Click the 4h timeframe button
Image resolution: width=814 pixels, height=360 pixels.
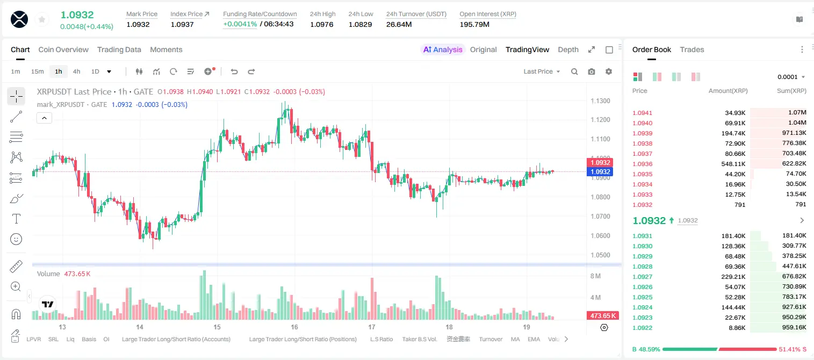click(x=76, y=71)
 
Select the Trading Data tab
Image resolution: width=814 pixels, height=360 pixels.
click(x=119, y=50)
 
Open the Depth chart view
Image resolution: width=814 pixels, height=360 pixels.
click(x=568, y=50)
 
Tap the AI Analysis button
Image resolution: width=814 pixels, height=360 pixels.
click(x=443, y=50)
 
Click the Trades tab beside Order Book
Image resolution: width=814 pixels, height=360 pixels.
click(x=692, y=50)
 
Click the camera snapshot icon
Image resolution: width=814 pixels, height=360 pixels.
click(x=592, y=71)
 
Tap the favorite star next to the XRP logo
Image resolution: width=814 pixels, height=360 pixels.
click(x=42, y=20)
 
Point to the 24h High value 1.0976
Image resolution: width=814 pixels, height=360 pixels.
click(x=322, y=24)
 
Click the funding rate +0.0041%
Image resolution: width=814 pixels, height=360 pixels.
click(x=240, y=24)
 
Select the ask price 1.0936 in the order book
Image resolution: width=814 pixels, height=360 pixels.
click(x=643, y=164)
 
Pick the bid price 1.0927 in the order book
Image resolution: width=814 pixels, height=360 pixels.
click(x=643, y=277)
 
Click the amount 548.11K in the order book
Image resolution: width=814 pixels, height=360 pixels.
click(x=733, y=164)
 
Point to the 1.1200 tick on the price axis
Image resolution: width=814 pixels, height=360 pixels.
click(x=600, y=120)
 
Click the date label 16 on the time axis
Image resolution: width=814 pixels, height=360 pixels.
click(x=294, y=327)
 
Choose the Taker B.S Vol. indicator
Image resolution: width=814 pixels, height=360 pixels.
click(x=419, y=339)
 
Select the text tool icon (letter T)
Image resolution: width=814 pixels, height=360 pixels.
click(x=16, y=219)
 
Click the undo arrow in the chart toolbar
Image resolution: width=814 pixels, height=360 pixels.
click(x=234, y=71)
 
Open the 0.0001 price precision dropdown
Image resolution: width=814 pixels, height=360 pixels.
click(x=791, y=77)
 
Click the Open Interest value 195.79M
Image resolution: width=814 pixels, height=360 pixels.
click(x=474, y=24)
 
